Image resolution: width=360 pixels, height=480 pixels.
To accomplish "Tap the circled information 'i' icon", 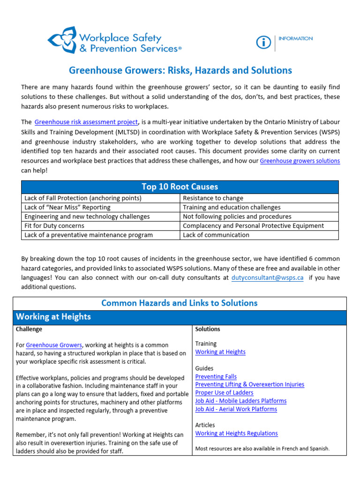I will (263, 43).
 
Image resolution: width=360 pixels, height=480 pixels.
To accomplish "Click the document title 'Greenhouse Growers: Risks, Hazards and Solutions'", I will (180, 70).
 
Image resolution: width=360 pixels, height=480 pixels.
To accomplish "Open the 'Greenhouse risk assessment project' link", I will (86, 122).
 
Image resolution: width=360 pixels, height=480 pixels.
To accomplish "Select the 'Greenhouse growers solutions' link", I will (300, 161).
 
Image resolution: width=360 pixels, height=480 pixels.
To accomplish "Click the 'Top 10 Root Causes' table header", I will (180, 187).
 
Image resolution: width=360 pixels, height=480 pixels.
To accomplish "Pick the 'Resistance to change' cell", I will (213, 198).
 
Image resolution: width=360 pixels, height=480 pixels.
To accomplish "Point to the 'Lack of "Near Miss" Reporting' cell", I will (67, 207).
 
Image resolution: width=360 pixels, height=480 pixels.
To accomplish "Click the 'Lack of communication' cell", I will (216, 235).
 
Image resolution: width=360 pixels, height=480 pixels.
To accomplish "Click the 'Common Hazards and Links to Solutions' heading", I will (180, 303).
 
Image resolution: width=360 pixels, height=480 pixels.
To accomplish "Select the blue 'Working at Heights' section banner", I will (180, 317).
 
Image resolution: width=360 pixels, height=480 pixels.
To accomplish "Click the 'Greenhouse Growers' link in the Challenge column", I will (54, 345).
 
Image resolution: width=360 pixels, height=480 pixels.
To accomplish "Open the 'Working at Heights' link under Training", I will (220, 352).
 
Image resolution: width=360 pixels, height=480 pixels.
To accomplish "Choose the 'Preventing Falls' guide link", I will (216, 376).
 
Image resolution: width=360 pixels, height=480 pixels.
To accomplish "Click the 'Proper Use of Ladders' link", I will (224, 393).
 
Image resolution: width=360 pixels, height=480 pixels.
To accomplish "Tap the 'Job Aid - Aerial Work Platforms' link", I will (236, 409).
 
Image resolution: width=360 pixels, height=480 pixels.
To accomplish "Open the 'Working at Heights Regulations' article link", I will (236, 434).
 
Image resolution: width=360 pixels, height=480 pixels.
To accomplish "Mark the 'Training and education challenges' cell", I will (232, 207).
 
